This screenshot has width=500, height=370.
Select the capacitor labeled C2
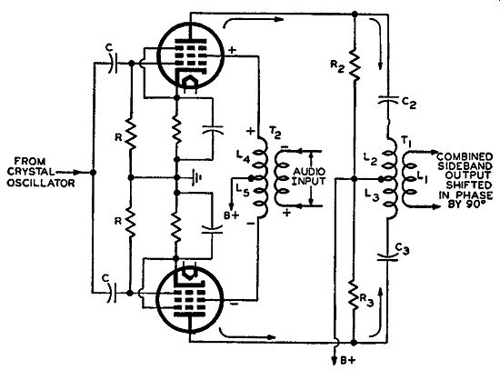(388, 99)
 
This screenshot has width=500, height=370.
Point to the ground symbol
(196, 177)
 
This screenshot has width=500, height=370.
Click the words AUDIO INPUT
(309, 176)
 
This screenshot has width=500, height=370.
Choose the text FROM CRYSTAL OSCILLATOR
(41, 172)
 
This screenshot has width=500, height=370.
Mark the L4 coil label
(243, 157)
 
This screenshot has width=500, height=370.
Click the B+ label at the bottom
(347, 361)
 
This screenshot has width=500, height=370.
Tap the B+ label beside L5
(231, 215)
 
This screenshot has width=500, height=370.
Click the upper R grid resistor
(130, 134)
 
